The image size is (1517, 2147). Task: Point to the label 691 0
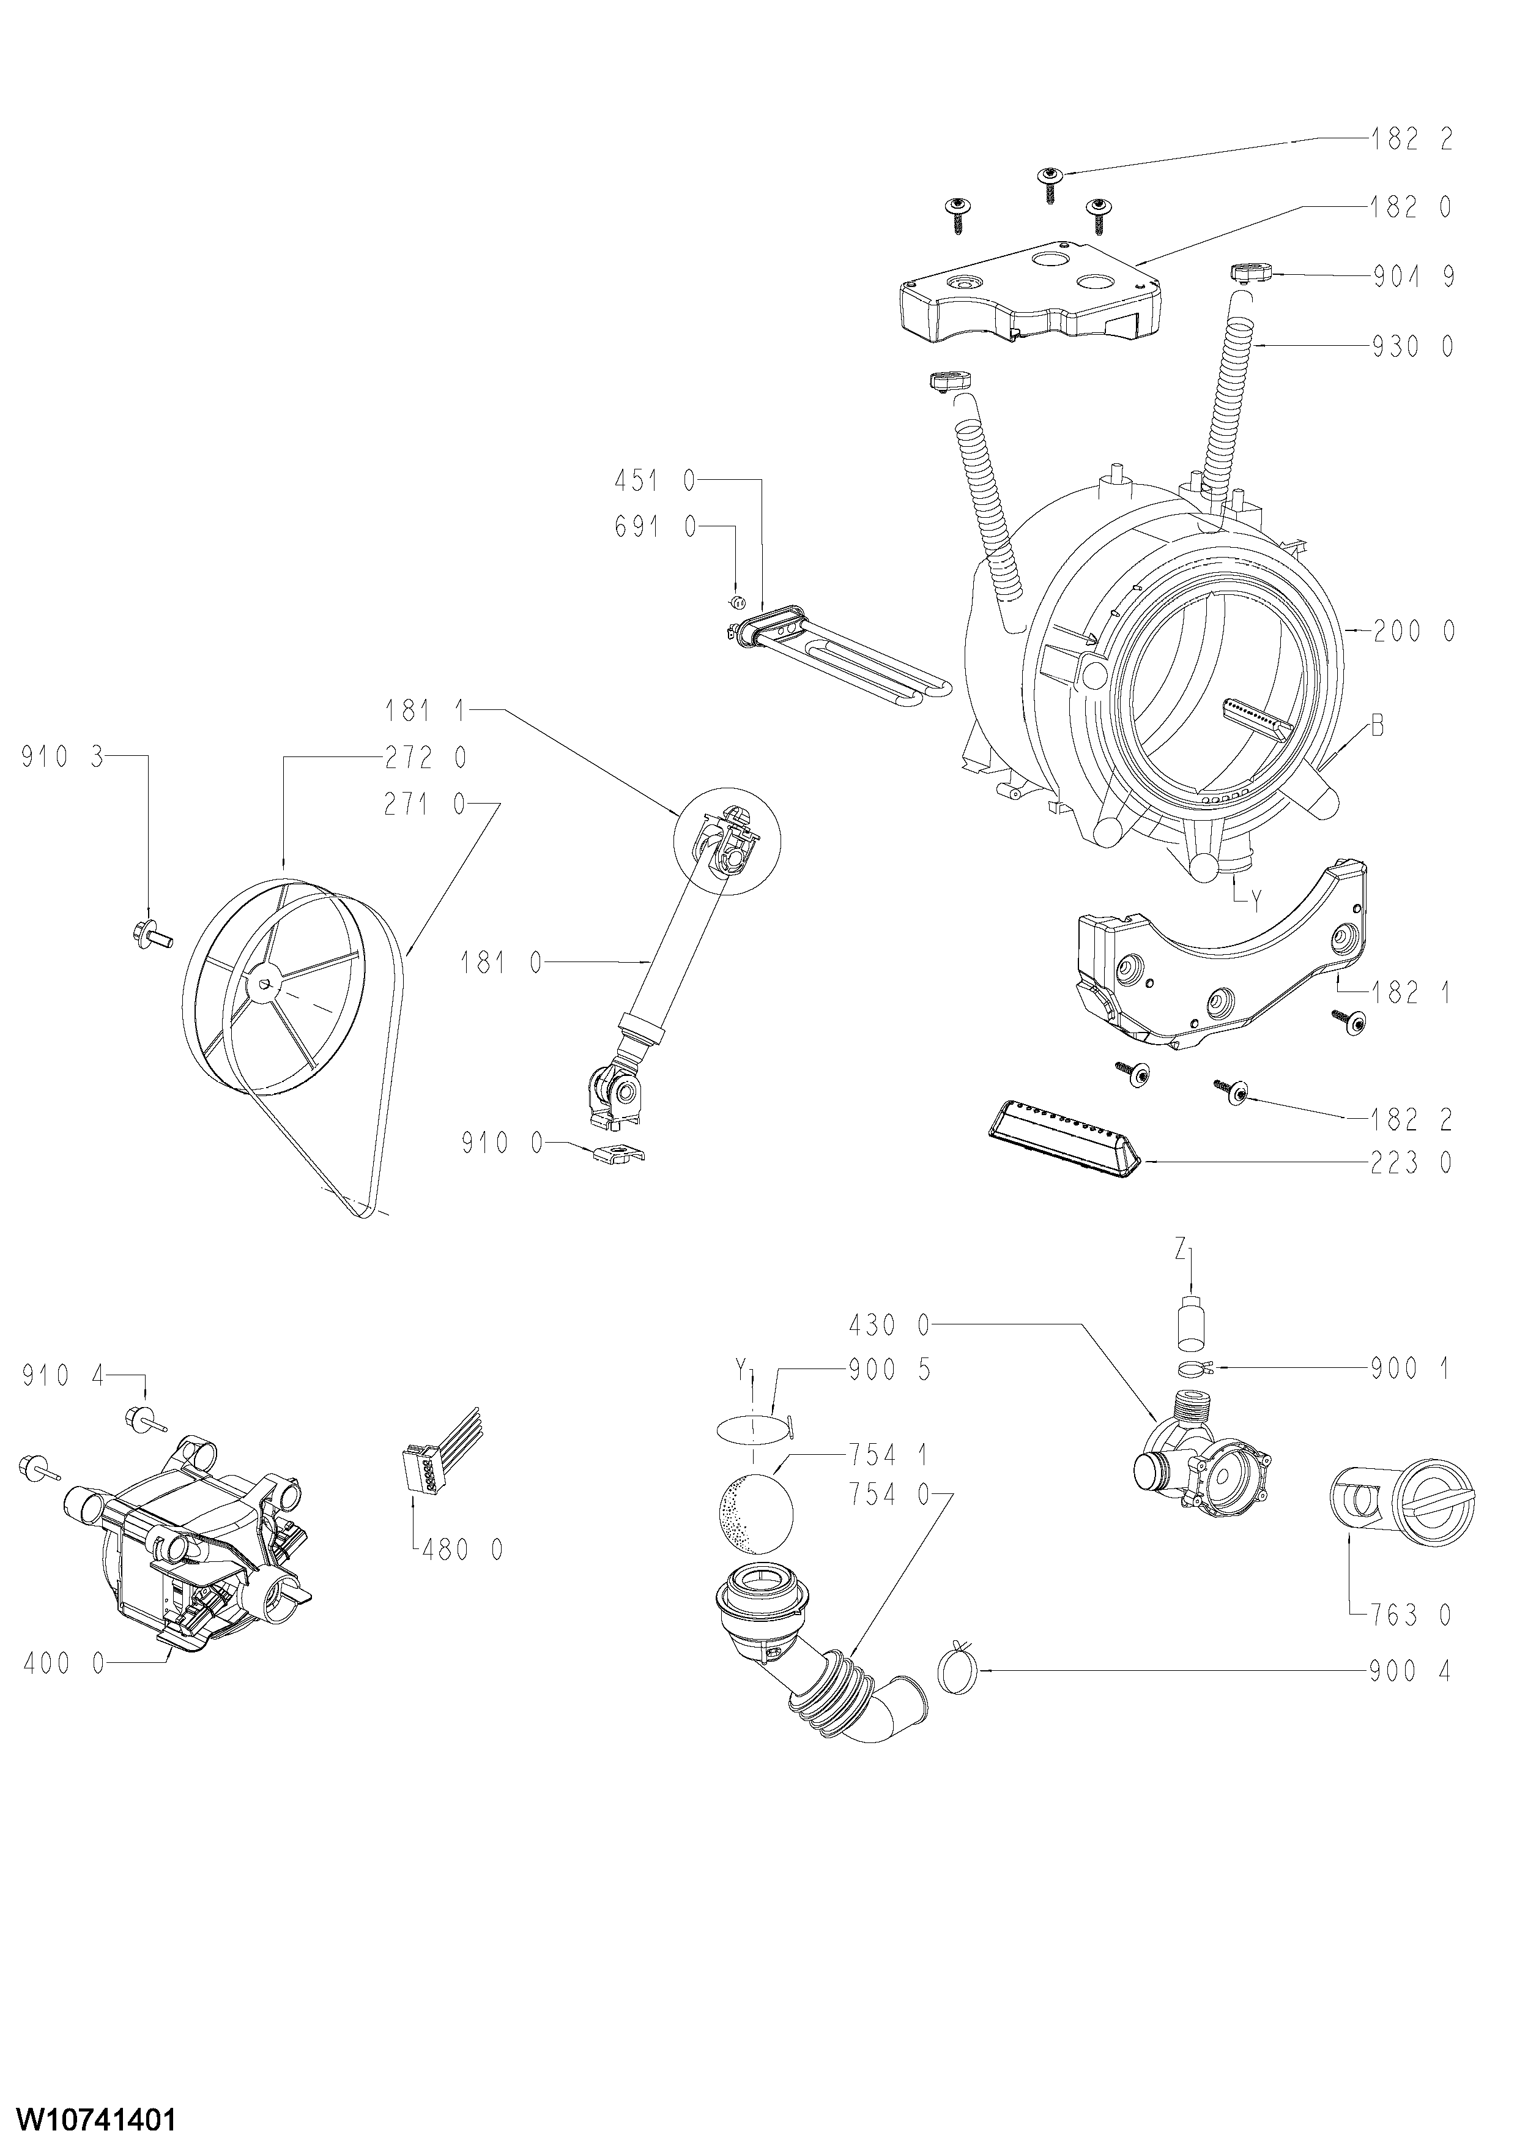coord(655,528)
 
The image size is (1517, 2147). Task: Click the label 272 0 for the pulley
coord(425,758)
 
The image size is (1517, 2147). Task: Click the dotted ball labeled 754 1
coord(754,1512)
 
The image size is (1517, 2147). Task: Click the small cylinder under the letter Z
coord(1190,1323)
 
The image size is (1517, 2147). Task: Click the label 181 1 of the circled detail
coord(425,712)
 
